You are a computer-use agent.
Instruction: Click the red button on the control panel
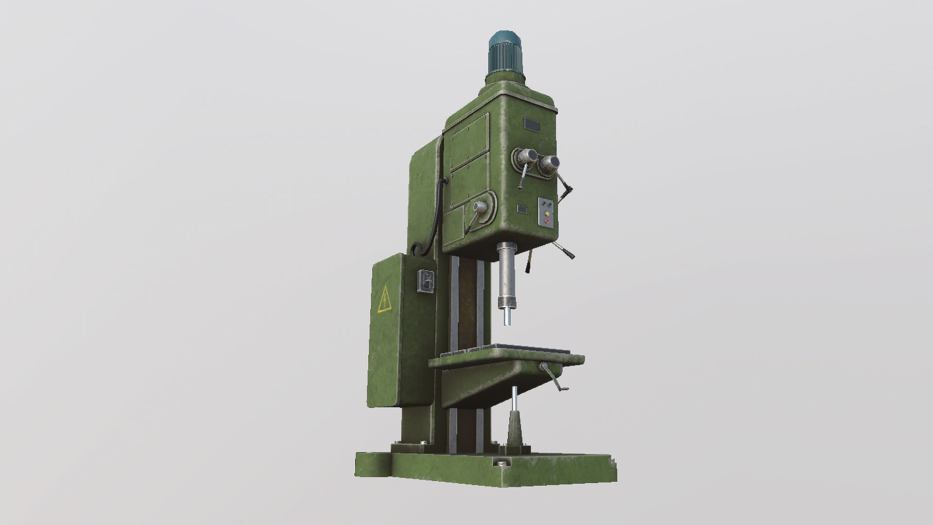click(547, 221)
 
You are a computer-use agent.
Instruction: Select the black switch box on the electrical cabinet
click(426, 281)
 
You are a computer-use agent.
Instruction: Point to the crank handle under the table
click(554, 377)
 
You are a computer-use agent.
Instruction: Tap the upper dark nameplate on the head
click(531, 125)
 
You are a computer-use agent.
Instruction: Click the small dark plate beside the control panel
click(522, 209)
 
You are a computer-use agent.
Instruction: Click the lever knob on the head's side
click(480, 208)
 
